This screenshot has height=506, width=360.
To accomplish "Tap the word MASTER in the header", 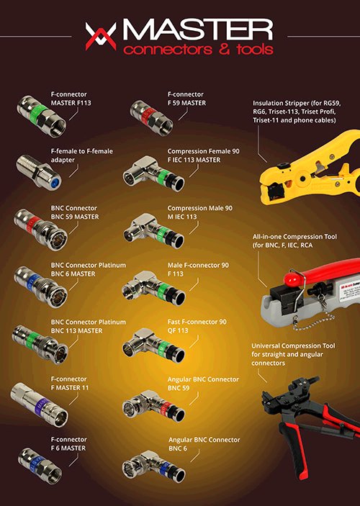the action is click(x=197, y=30).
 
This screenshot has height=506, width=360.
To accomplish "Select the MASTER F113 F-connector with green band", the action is click(x=42, y=116).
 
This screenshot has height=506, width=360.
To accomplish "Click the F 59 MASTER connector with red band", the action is click(x=151, y=117).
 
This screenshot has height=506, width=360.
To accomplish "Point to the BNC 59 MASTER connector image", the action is click(x=41, y=229).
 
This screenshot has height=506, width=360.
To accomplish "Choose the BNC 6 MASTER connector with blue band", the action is click(x=41, y=286).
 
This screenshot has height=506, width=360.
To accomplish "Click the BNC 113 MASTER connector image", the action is click(x=40, y=344).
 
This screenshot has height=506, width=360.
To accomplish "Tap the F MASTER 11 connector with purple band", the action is click(x=39, y=405).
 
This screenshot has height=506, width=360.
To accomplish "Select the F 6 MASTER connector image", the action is click(x=40, y=466).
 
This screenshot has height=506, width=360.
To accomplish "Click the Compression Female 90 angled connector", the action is click(x=153, y=173).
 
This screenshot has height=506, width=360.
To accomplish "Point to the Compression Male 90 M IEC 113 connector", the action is click(x=153, y=230).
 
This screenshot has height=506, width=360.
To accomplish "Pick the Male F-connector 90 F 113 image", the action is click(x=153, y=288).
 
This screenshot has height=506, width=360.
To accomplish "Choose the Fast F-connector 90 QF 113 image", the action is click(x=153, y=345).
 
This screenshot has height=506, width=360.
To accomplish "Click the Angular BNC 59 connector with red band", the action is click(x=153, y=406).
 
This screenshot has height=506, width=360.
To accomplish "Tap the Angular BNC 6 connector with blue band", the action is click(x=153, y=466).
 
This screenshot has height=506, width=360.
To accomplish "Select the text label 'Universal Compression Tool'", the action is click(x=293, y=346).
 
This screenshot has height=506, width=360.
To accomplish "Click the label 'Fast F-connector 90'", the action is click(x=197, y=322).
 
